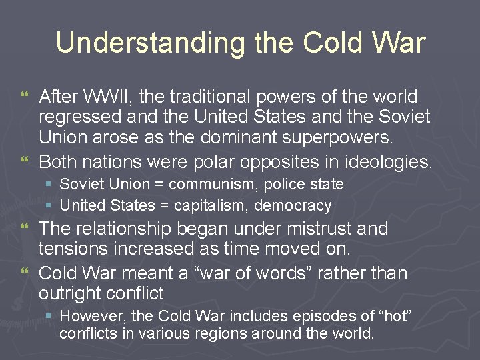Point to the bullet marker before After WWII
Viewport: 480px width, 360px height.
[x=26, y=97]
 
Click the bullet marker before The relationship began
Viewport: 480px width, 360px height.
[x=26, y=229]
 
